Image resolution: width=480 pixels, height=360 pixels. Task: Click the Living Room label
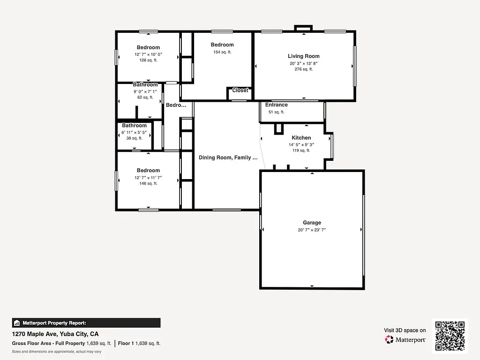pos(304,56)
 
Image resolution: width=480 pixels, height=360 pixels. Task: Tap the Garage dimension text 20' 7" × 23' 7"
pos(312,230)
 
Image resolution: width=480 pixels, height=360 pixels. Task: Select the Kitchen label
pos(301,138)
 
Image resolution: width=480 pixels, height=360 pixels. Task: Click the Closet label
pos(240,90)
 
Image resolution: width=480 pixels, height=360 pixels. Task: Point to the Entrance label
pos(277,105)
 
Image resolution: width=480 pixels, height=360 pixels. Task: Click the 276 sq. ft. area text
pos(304,69)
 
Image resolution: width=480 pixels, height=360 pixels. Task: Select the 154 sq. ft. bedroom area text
pos(222,52)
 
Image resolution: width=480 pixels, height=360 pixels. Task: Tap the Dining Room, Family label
pos(228,158)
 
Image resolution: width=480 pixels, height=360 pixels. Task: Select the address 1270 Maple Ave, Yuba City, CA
pos(55,334)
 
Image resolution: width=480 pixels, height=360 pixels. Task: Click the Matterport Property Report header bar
pos(86,323)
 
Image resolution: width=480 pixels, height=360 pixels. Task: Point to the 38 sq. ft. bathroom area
pos(134,138)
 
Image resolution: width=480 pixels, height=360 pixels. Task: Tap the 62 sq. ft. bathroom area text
pos(145,97)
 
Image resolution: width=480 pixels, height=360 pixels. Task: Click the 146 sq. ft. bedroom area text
pos(148,183)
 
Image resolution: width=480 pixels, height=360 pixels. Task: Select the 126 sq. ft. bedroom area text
pos(148,60)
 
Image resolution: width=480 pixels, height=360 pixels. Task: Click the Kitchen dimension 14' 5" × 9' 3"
pos(301,145)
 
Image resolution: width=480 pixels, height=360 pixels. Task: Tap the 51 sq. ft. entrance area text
pos(277,112)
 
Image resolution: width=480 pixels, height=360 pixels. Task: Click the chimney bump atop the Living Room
pos(303,28)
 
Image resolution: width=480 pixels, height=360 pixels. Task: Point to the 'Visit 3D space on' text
pos(405,330)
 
